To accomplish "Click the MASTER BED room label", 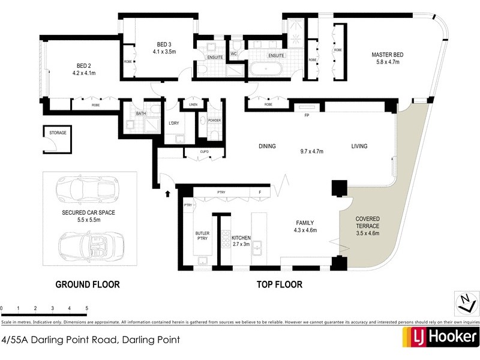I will (x=387, y=55).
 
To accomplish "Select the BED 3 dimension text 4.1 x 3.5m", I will (x=166, y=52).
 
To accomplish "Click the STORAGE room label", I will (x=57, y=131).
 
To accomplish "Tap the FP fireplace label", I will (x=307, y=115).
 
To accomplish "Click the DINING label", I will (x=267, y=146).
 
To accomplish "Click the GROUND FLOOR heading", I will (x=88, y=284).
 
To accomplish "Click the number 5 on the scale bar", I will (x=87, y=308).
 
